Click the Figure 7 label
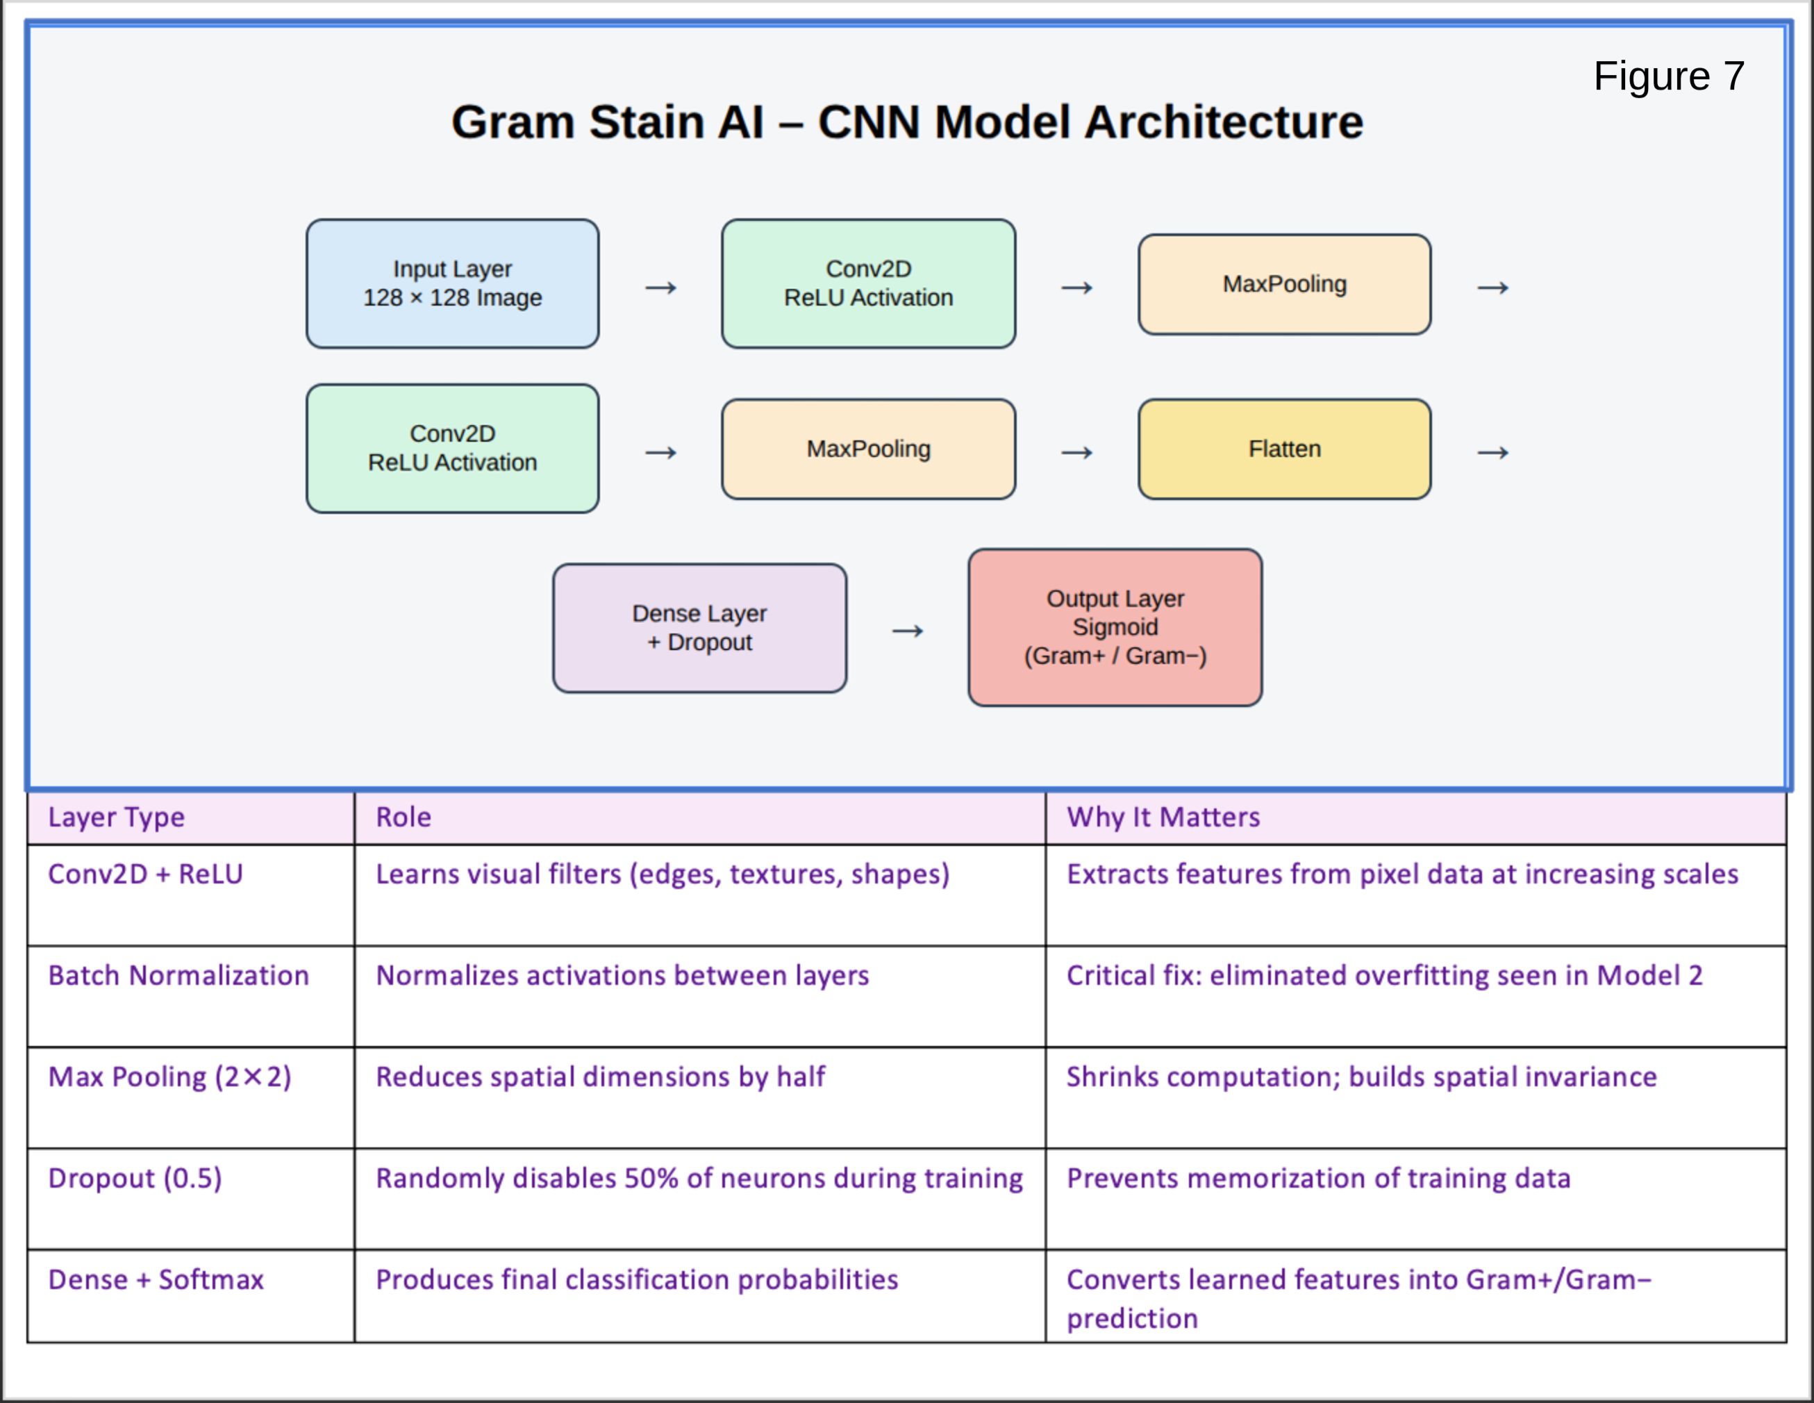pyautogui.click(x=1669, y=76)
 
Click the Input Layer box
pyautogui.click(x=453, y=283)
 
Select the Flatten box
pyautogui.click(x=1285, y=449)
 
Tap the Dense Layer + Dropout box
pyautogui.click(x=700, y=628)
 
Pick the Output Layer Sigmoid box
pyautogui.click(x=1115, y=627)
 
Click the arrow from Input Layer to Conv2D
pyautogui.click(x=661, y=288)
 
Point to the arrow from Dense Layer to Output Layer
pyautogui.click(x=908, y=631)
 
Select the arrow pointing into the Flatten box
pyautogui.click(x=1077, y=453)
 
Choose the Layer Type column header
pyautogui.click(x=116, y=817)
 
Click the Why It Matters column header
pyautogui.click(x=1163, y=817)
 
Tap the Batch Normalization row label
pyautogui.click(x=178, y=975)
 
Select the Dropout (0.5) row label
pyautogui.click(x=135, y=1179)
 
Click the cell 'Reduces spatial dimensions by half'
pyautogui.click(x=601, y=1077)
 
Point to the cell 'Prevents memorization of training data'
pyautogui.click(x=1318, y=1179)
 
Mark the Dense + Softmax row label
pyautogui.click(x=156, y=1280)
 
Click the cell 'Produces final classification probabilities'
pyautogui.click(x=637, y=1280)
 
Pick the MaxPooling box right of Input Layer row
pyautogui.click(x=1285, y=284)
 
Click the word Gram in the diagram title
pyautogui.click(x=512, y=122)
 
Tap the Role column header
pyautogui.click(x=403, y=817)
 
